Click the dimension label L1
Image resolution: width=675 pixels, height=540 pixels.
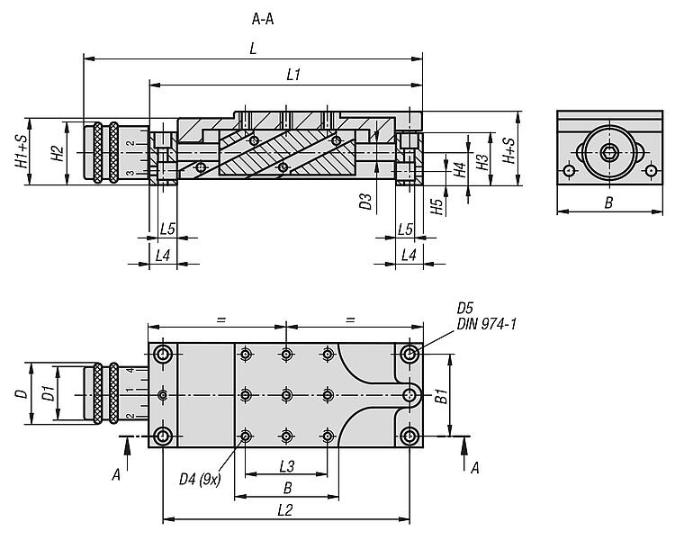[x=292, y=76]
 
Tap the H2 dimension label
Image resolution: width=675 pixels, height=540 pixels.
[x=56, y=153]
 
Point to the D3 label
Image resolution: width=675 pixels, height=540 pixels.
[x=365, y=201]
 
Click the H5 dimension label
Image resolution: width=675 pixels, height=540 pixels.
[x=436, y=206]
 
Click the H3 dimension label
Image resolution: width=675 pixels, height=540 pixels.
[x=482, y=162]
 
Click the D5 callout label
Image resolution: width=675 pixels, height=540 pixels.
[x=465, y=308]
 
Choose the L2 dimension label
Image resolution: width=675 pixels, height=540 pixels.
[x=286, y=510]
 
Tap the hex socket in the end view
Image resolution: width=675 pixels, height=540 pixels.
[x=609, y=151]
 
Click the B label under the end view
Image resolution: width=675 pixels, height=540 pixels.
[x=608, y=203]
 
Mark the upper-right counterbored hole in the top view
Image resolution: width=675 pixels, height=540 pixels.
[x=409, y=353]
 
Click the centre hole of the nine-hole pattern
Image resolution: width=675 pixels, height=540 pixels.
[x=286, y=394]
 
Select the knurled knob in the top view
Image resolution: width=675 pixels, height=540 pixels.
[x=101, y=393]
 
